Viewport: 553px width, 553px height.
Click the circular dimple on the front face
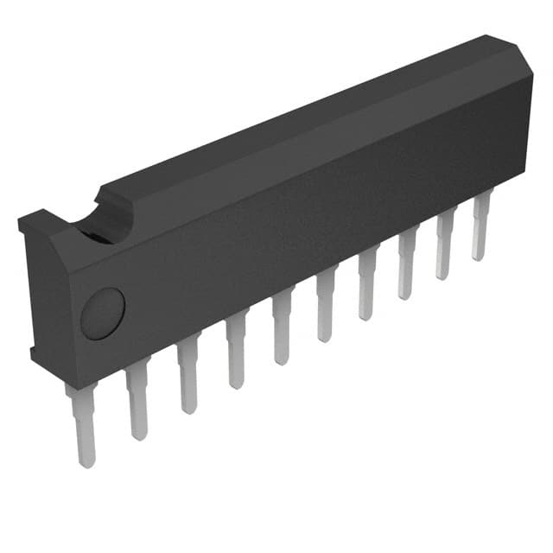[x=103, y=313]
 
